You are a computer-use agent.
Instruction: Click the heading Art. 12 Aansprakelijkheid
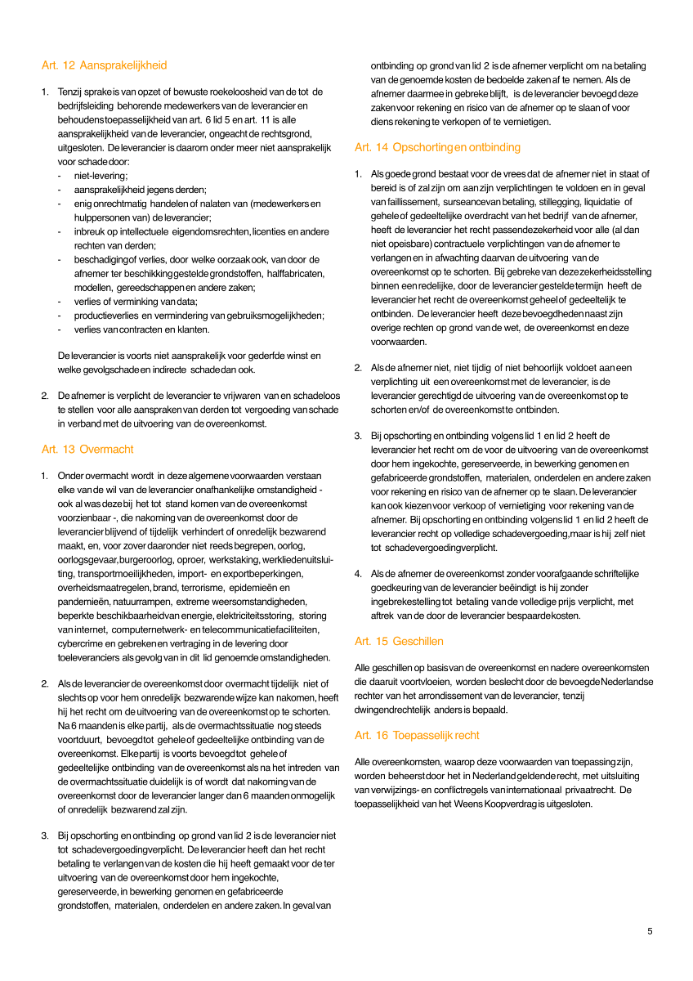pyautogui.click(x=104, y=65)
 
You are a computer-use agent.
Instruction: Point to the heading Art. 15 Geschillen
pyautogui.click(x=399, y=641)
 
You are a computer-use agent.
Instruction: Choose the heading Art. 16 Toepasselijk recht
pyautogui.click(x=417, y=735)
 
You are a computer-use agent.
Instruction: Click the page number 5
pyautogui.click(x=650, y=931)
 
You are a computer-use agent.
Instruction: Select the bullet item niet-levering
pyautogui.click(x=101, y=175)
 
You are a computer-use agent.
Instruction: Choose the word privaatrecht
pyautogui.click(x=589, y=790)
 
